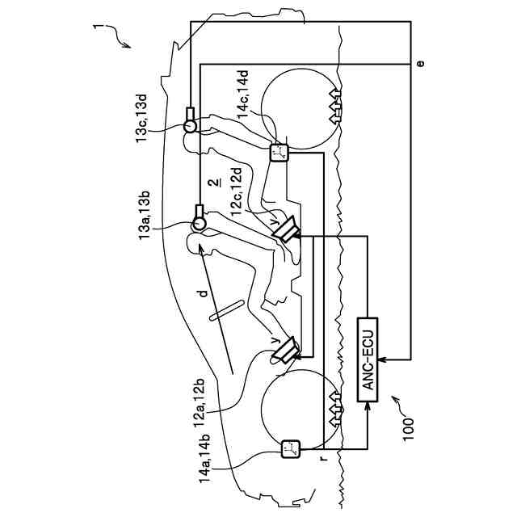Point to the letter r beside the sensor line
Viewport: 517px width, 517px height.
pos(323,458)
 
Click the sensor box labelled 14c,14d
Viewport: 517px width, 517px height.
pos(279,152)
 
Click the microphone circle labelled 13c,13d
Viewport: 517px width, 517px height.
pos(191,125)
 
